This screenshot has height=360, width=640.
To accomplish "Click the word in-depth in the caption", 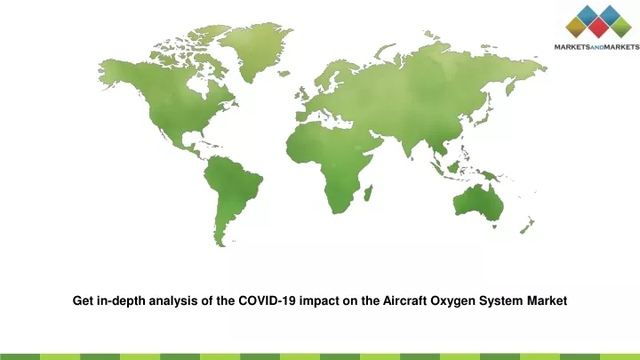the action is pos(121,301).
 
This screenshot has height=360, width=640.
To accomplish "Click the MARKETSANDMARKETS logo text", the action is pos(597,47).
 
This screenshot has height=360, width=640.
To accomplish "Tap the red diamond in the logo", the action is pos(599,28).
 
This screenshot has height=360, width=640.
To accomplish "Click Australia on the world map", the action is pos(479,204).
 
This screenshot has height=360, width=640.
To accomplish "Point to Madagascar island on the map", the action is pos(368,193).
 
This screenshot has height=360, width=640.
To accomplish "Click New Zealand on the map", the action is pos(527,226).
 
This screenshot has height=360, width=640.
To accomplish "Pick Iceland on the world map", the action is pos(284,74).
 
